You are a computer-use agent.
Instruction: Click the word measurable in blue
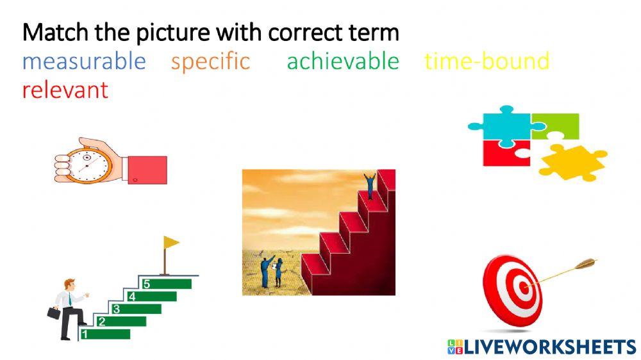point(84,61)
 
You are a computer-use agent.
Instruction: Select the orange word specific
point(210,61)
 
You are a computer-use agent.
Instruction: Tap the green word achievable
point(342,61)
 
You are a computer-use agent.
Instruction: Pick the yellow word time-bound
point(487,61)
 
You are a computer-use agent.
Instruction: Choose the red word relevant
point(65,90)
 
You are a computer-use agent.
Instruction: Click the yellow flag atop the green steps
point(171,242)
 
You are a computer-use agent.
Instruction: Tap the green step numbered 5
point(168,284)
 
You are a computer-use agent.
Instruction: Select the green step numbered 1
point(106,334)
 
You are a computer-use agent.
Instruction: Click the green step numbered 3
point(137,309)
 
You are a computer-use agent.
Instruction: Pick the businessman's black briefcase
point(53,313)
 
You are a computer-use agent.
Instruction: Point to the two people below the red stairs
point(272,272)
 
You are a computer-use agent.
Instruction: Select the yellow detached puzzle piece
point(572,161)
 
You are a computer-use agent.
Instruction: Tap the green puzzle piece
point(556,126)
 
